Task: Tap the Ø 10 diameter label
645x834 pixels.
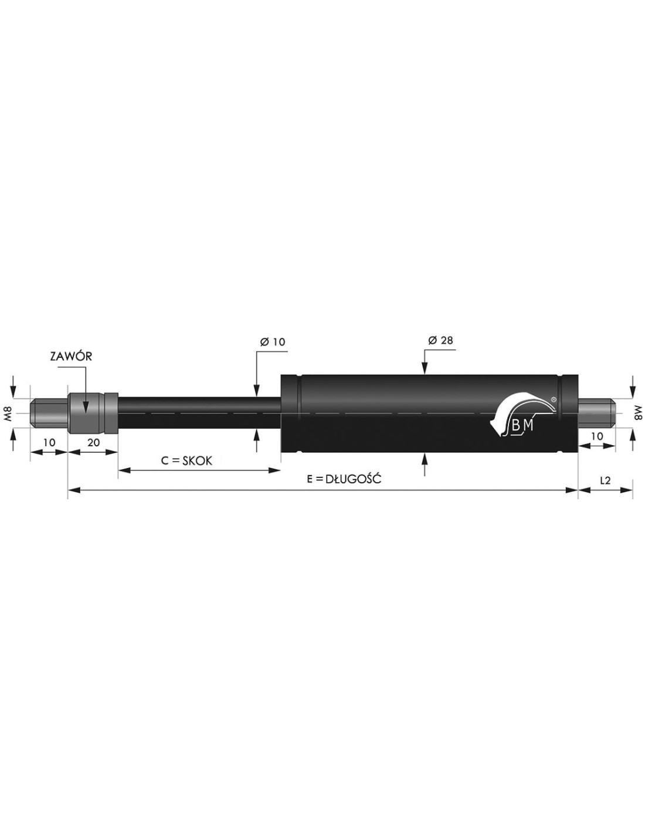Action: click(x=273, y=341)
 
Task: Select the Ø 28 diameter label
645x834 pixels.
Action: click(x=440, y=340)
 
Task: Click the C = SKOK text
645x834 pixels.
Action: click(x=186, y=460)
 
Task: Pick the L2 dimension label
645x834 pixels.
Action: click(x=605, y=480)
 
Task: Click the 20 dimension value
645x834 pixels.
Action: click(x=94, y=442)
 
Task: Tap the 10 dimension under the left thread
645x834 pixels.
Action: click(x=49, y=442)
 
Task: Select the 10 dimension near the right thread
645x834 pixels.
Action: click(x=598, y=436)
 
